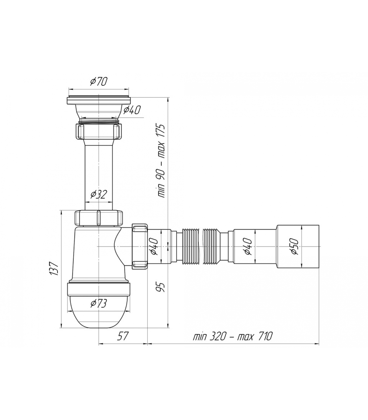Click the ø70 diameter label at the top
click(x=99, y=82)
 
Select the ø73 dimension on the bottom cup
click(x=99, y=304)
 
